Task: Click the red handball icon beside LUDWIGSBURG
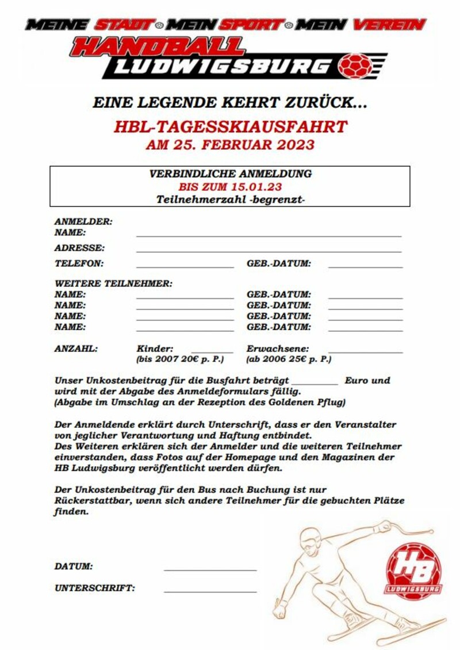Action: [x=355, y=67]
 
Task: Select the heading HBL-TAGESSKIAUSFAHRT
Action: [x=230, y=126]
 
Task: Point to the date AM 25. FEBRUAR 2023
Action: [x=230, y=144]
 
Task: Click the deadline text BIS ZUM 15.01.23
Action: [x=230, y=187]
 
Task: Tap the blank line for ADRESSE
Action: [x=269, y=252]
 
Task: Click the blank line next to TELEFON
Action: [x=185, y=267]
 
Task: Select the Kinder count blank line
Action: [x=212, y=352]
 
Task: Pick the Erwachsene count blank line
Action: [x=365, y=352]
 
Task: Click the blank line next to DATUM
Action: [x=210, y=570]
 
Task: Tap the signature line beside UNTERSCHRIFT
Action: [x=210, y=591]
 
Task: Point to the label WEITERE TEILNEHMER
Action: [x=113, y=284]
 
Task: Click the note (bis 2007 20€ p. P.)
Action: [x=179, y=359]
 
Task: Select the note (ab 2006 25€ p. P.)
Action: [x=289, y=359]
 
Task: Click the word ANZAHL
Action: [x=76, y=349]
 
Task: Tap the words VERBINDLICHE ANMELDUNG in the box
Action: [x=230, y=174]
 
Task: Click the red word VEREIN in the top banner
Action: [x=389, y=25]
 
